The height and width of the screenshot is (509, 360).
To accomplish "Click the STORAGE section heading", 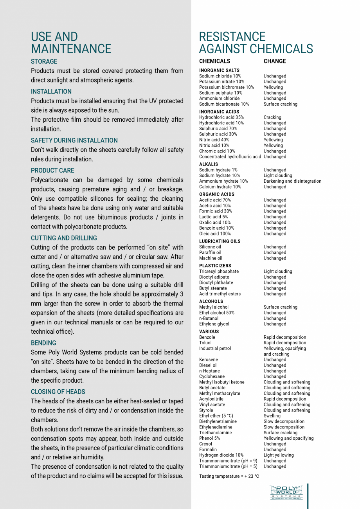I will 44,61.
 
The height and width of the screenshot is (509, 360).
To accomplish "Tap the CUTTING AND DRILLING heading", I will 64,238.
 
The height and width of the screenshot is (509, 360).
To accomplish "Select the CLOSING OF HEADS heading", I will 58,392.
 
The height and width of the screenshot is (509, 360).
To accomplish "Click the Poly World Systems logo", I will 286,492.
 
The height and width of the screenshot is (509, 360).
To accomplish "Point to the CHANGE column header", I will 275,61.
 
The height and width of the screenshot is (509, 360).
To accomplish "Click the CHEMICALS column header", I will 214,61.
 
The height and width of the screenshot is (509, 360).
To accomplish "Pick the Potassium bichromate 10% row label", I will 227,87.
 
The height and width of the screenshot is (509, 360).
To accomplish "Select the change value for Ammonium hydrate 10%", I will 292,181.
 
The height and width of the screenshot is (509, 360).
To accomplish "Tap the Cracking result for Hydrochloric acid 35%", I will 272,117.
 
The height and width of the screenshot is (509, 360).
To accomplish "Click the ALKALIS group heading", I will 209,164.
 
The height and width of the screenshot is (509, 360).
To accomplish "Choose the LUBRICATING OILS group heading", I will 220,241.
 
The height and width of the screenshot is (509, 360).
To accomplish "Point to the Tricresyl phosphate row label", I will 219,272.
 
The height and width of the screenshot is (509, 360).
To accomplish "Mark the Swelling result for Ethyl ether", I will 272,416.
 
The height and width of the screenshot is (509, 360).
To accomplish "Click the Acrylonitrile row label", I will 212,399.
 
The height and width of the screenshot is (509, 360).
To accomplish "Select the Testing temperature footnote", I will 229,476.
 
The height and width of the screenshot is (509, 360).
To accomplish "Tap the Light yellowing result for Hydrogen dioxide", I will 279,455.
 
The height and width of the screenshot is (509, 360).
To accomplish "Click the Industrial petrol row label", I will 215,349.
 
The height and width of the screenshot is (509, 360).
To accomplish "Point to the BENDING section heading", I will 43,343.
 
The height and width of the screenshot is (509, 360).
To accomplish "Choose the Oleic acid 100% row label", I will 215,234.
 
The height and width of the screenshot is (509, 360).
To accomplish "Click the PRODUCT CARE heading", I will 52,171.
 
